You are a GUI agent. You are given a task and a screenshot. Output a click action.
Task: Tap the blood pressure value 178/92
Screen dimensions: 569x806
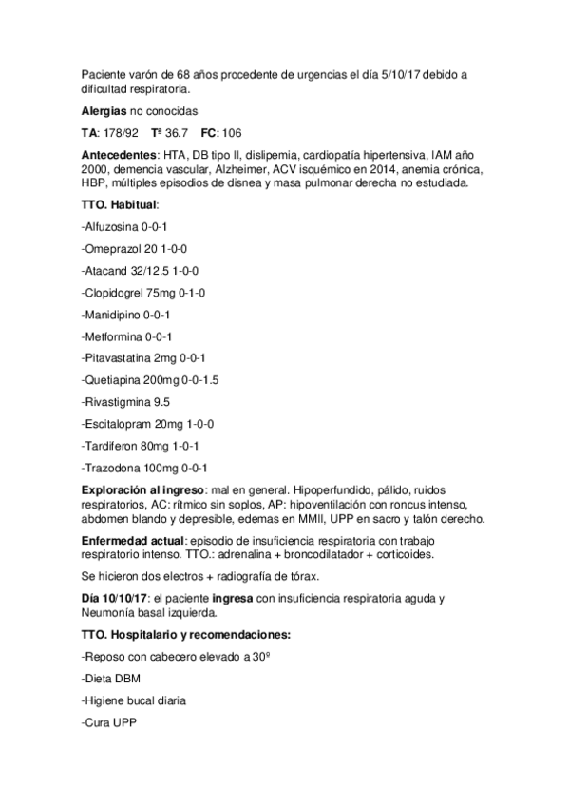(x=123, y=132)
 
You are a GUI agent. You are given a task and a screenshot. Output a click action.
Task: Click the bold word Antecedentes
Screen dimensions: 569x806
(x=118, y=154)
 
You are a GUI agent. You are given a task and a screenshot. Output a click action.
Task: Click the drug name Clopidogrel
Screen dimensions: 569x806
(x=117, y=293)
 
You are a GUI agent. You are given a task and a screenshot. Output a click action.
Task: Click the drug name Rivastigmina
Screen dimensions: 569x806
(x=118, y=402)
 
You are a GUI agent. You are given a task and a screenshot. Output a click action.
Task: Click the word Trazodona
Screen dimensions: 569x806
(x=113, y=468)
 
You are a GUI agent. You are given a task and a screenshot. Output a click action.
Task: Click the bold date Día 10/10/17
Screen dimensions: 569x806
(x=118, y=599)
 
